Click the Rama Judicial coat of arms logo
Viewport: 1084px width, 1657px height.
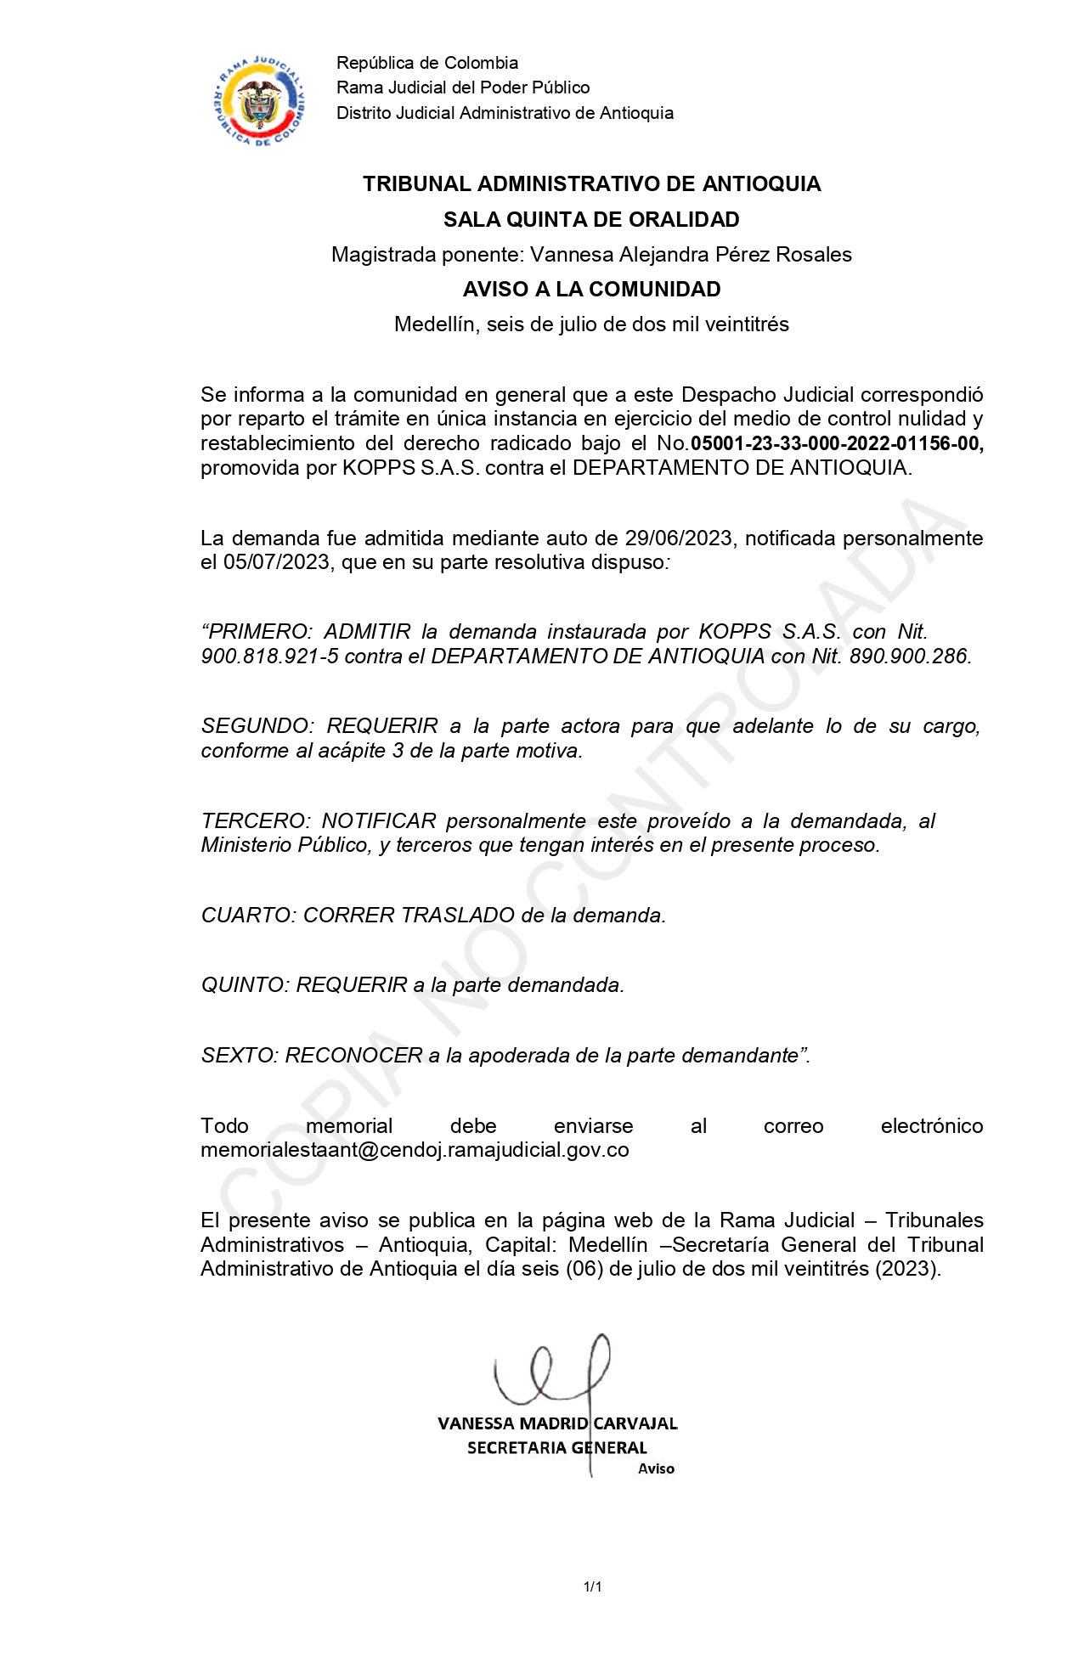click(x=259, y=101)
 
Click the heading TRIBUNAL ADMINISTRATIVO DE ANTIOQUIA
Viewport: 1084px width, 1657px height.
click(x=591, y=184)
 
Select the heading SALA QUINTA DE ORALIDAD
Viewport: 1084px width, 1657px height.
click(x=591, y=220)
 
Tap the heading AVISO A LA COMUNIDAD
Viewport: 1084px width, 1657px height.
click(x=591, y=290)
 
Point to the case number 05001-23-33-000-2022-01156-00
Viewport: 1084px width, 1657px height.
click(x=837, y=443)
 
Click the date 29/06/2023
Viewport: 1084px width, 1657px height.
click(x=678, y=538)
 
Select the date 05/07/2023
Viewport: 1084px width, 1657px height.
click(x=276, y=562)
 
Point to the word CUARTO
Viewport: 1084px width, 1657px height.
click(x=247, y=916)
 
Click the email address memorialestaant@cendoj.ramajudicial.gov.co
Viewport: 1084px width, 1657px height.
click(x=415, y=1150)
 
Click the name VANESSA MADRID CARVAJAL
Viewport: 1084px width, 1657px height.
click(x=557, y=1423)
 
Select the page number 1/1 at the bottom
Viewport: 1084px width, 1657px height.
click(x=592, y=1587)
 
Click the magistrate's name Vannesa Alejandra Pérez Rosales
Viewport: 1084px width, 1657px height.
click(x=691, y=255)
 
